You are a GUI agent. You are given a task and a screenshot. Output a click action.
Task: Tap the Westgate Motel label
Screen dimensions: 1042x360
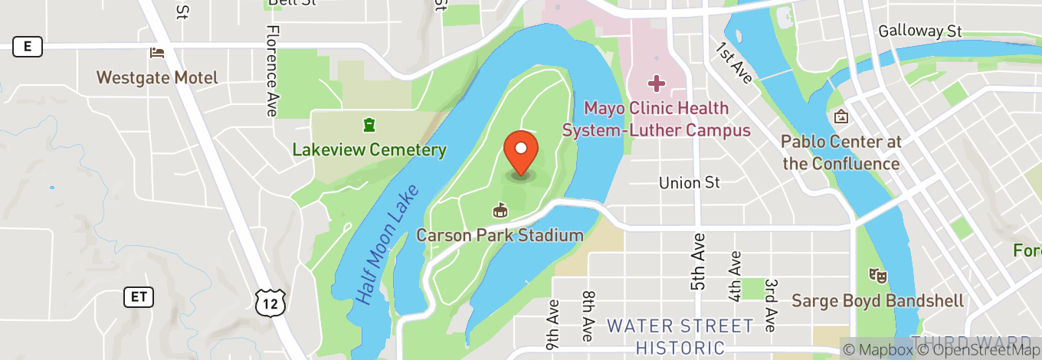pos(157,77)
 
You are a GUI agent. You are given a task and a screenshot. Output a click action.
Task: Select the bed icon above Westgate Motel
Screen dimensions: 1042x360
pos(157,52)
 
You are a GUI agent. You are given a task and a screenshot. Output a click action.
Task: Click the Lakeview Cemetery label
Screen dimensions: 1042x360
pos(369,149)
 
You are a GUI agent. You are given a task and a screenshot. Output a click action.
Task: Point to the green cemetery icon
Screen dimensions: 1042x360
pos(369,125)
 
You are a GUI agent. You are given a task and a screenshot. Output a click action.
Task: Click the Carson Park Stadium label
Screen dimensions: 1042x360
pos(500,235)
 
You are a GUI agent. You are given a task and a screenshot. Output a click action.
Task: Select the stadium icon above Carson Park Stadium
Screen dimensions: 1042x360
pos(500,209)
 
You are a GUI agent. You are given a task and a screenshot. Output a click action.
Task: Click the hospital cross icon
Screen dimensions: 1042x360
pos(657,82)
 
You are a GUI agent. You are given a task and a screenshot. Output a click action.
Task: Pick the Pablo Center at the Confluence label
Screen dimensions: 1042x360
pos(840,152)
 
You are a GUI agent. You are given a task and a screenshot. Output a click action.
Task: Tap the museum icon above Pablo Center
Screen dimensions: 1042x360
pos(840,117)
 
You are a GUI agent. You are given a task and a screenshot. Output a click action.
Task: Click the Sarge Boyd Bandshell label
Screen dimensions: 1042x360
pos(877,300)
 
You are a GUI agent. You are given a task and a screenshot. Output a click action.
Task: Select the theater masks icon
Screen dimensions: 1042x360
pos(877,274)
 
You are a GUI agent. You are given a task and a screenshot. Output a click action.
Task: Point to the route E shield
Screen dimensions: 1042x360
pos(28,47)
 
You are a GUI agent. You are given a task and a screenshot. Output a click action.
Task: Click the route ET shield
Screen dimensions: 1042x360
pos(139,296)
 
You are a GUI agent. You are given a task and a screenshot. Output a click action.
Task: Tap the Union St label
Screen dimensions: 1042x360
pos(690,183)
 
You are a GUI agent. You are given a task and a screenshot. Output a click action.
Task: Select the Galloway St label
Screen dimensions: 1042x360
pos(919,31)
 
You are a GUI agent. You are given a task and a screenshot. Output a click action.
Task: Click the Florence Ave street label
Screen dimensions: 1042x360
pos(271,70)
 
